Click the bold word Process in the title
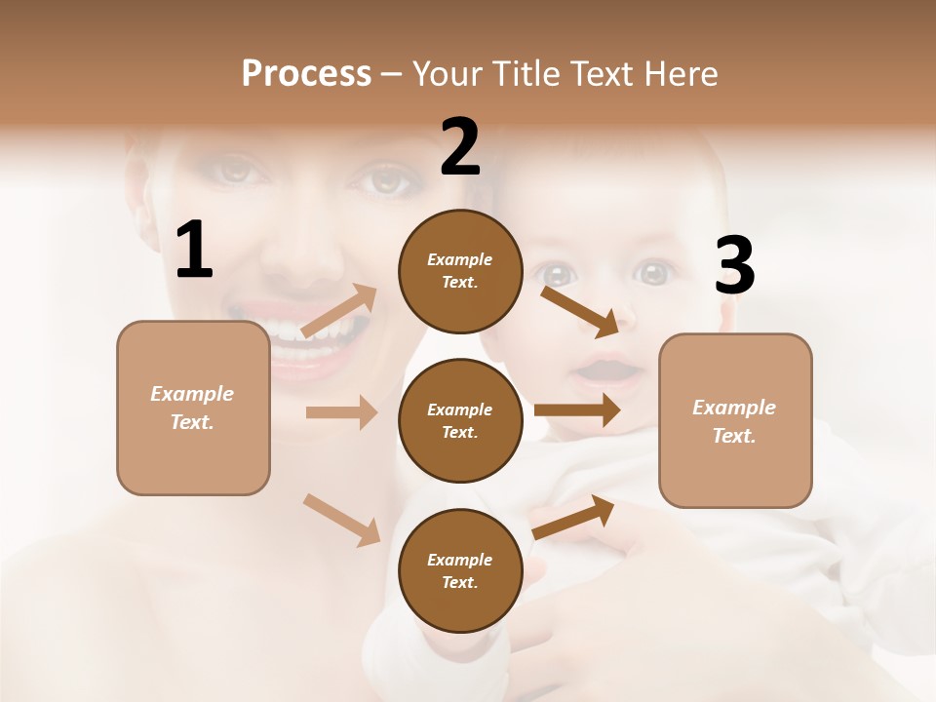click(x=306, y=73)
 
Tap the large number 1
click(x=194, y=251)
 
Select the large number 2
click(x=460, y=148)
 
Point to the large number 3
click(x=734, y=266)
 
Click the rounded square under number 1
click(x=193, y=408)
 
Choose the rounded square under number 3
click(x=735, y=421)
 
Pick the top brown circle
click(x=460, y=271)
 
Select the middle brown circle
click(x=460, y=420)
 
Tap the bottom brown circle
click(x=460, y=570)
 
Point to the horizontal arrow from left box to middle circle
click(x=341, y=412)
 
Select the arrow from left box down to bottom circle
click(x=341, y=520)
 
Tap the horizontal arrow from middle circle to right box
click(x=577, y=410)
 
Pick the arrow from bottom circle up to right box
click(x=573, y=517)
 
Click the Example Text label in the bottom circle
click(x=460, y=570)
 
